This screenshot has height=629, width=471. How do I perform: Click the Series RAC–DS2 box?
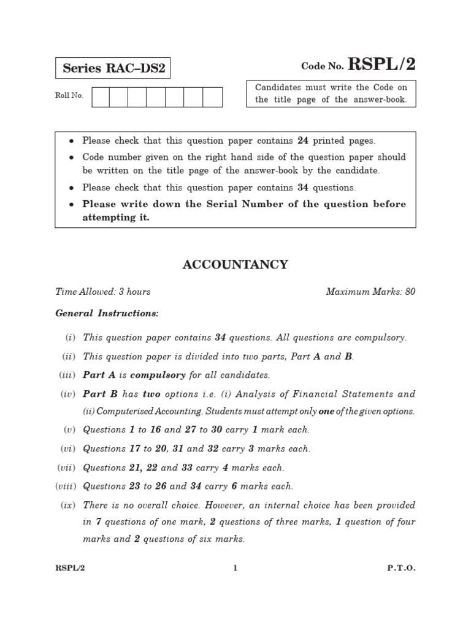point(113,68)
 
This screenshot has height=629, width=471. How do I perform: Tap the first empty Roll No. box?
point(101,97)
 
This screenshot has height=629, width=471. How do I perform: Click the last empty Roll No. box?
point(212,97)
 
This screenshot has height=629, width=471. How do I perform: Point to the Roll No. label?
point(69,96)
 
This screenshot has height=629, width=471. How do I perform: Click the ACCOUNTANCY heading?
point(235,265)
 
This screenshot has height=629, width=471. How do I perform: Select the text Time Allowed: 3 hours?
point(103,292)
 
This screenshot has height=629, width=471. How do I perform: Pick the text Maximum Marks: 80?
point(370,292)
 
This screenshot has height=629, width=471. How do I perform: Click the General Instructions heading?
point(107,313)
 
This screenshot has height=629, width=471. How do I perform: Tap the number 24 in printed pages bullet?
point(303,141)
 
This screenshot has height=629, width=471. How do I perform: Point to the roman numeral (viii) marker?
point(65,486)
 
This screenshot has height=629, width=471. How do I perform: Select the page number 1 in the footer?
point(235,568)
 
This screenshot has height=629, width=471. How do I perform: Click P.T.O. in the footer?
point(401,568)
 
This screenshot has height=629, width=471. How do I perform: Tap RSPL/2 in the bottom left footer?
point(69,568)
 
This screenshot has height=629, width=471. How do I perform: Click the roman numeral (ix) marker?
point(67,506)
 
